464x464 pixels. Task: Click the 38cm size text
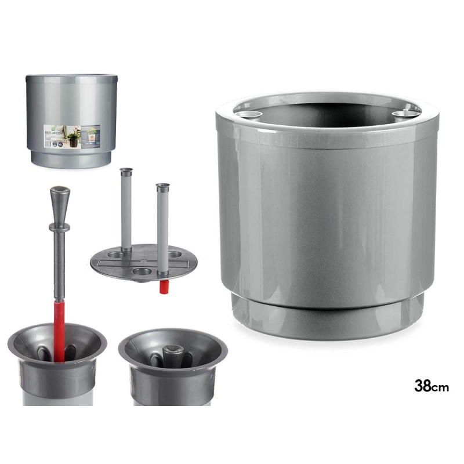click(x=431, y=386)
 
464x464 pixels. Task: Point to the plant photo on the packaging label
click(x=75, y=138)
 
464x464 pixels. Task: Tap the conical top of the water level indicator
click(x=60, y=199)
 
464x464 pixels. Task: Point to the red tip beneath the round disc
click(x=164, y=285)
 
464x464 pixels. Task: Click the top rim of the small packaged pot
click(x=71, y=77)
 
